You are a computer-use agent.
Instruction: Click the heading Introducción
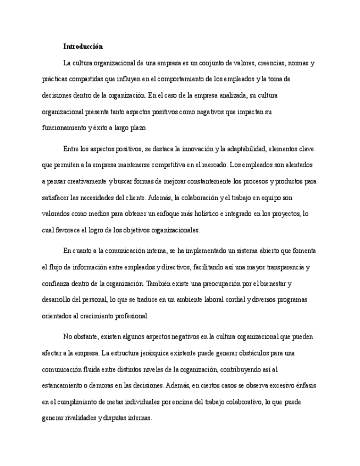pos(83,47)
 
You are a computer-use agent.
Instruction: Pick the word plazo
pos(137,128)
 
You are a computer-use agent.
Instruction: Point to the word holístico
pos(205,214)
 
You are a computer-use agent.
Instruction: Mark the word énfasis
pos(304,386)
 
